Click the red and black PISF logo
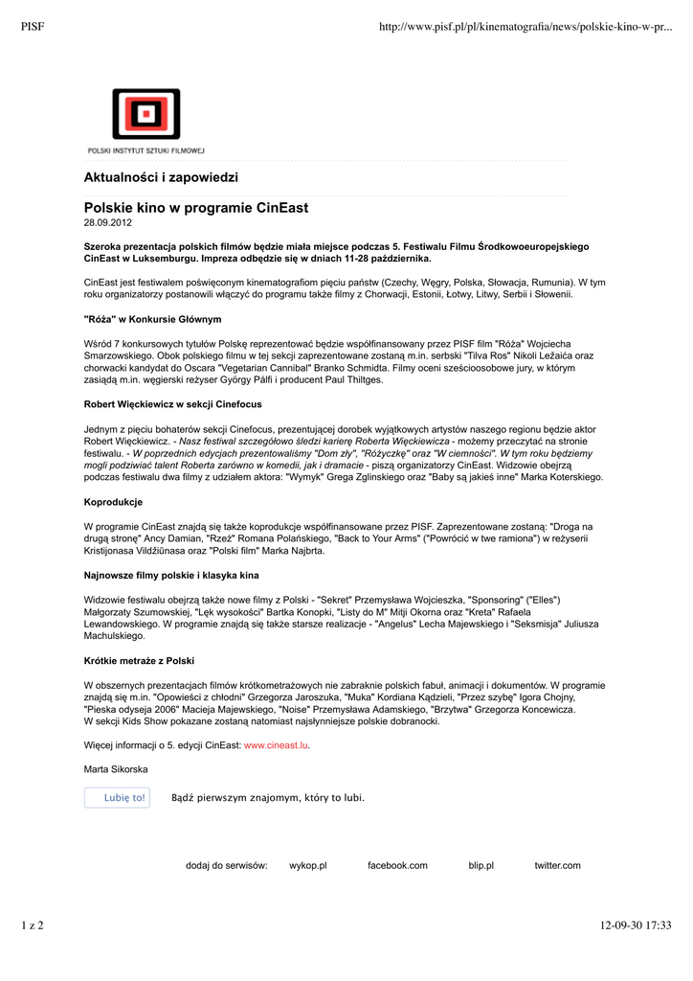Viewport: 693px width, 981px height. (x=145, y=115)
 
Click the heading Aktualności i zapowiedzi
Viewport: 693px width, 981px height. (x=161, y=178)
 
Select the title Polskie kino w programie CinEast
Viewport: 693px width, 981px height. (x=196, y=208)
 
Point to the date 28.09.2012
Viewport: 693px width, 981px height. (x=108, y=222)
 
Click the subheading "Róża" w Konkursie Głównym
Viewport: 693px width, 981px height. (x=153, y=319)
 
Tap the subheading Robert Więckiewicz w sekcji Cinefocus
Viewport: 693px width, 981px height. (x=173, y=404)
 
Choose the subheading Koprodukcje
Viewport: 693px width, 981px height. (x=114, y=502)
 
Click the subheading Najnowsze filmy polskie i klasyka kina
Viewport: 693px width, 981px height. (x=172, y=575)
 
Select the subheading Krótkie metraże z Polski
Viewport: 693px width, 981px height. (x=140, y=661)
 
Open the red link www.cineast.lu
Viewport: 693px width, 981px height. (x=277, y=744)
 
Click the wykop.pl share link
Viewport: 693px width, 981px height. (x=308, y=866)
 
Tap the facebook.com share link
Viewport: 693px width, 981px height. (x=397, y=866)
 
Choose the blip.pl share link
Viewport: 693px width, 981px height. (x=481, y=866)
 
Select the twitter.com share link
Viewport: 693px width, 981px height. (x=557, y=866)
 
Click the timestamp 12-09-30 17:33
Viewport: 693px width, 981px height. (x=636, y=925)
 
